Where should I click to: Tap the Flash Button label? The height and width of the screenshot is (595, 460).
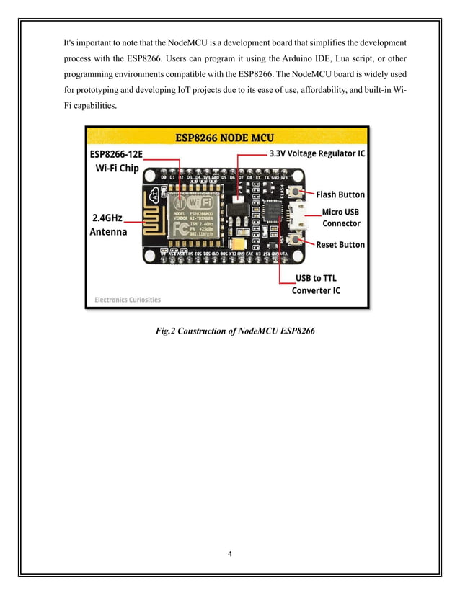[340, 194]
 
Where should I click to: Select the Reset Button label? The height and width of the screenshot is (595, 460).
[340, 245]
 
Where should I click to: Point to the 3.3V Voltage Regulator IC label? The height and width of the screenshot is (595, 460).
[317, 154]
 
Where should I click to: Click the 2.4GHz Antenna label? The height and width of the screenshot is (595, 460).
[108, 225]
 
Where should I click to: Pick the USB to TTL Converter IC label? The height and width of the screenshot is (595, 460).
[316, 285]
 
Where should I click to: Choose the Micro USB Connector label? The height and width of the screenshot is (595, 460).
[341, 218]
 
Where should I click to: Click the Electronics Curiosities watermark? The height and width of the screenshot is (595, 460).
[128, 299]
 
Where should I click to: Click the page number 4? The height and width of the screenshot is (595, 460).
[229, 554]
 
